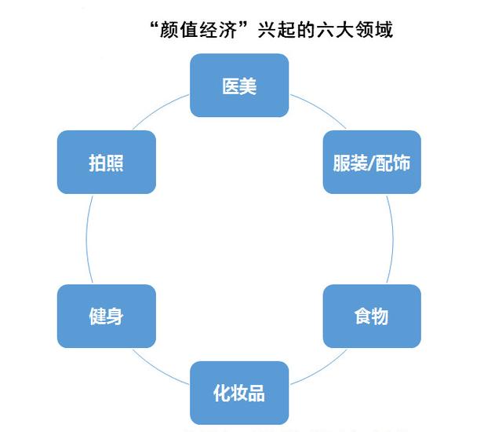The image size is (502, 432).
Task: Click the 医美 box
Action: [239, 85]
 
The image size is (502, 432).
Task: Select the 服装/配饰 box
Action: [372, 162]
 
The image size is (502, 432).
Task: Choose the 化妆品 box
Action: [239, 393]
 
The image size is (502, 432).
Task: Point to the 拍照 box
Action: [107, 162]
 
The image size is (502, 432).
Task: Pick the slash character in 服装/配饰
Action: [371, 163]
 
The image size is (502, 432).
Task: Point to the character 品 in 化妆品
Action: [256, 393]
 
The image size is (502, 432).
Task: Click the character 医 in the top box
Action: [231, 85]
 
